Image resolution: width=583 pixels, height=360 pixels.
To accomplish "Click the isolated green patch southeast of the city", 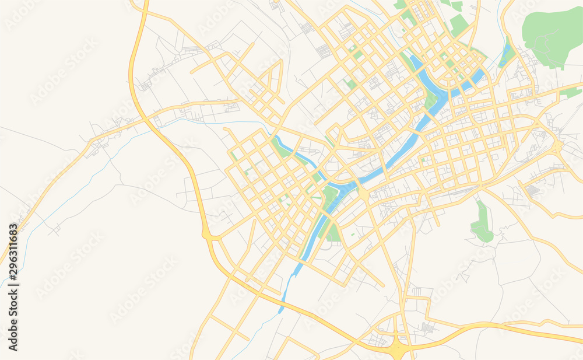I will [x=482, y=225].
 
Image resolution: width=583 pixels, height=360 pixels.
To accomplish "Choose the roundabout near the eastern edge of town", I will [x=558, y=146].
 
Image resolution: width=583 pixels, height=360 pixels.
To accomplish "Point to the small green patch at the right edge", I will [x=571, y=92].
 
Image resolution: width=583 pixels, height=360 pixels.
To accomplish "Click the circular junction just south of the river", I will [x=363, y=193].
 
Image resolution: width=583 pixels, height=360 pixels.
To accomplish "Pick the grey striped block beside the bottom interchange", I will [x=429, y=328].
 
